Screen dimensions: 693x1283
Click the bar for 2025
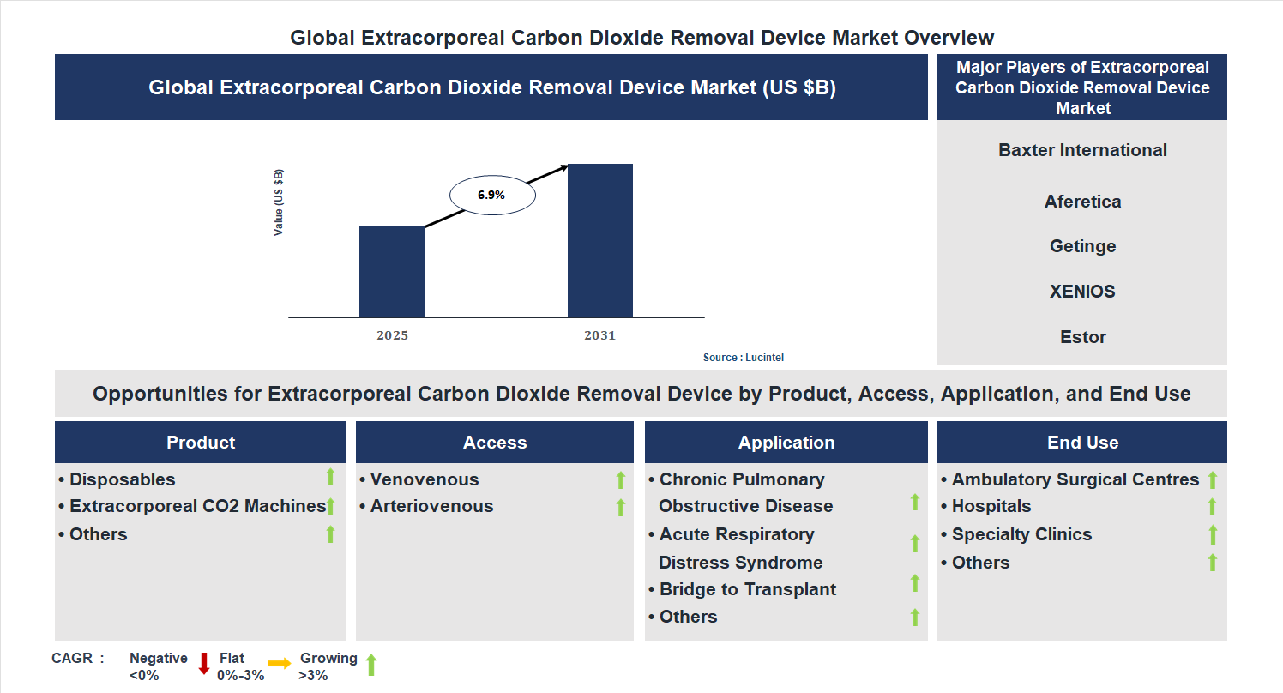click(392, 271)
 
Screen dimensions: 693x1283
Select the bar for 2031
click(600, 240)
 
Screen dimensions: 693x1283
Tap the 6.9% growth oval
click(492, 196)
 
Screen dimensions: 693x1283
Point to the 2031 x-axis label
click(600, 335)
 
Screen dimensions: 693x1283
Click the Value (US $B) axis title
click(279, 202)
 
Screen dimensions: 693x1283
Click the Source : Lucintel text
click(744, 358)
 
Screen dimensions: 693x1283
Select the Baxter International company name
click(1082, 150)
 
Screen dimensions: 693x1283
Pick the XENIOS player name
click(1082, 292)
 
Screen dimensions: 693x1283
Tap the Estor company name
click(1082, 337)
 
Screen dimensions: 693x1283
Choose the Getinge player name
click(1082, 246)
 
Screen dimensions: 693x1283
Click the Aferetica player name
click(1082, 202)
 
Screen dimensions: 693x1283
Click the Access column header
click(495, 443)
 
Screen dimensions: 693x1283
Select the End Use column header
click(1082, 443)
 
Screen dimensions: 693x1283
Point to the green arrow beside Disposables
click(330, 478)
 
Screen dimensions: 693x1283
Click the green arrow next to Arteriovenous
click(621, 508)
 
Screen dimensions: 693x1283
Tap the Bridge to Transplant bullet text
click(747, 589)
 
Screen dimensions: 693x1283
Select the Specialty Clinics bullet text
click(1021, 534)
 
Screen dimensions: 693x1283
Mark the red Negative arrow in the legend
click(204, 663)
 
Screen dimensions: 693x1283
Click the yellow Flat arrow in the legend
click(280, 663)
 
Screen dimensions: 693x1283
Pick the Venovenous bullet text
click(425, 479)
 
